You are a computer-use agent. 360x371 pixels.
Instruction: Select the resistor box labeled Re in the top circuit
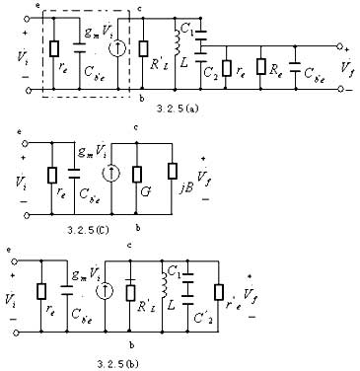coord(260,69)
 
